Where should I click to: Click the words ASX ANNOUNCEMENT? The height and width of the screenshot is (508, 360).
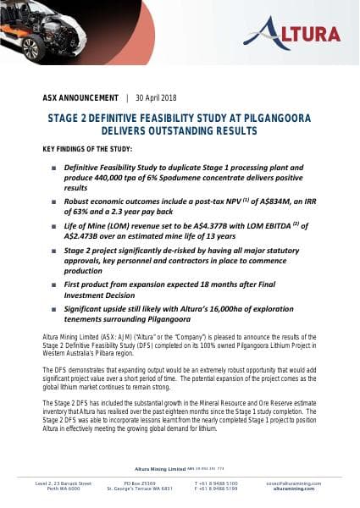(x=80, y=97)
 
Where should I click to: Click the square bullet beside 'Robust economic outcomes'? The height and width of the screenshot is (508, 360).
(x=53, y=204)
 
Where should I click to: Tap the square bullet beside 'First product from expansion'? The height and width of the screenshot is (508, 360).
(x=53, y=287)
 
